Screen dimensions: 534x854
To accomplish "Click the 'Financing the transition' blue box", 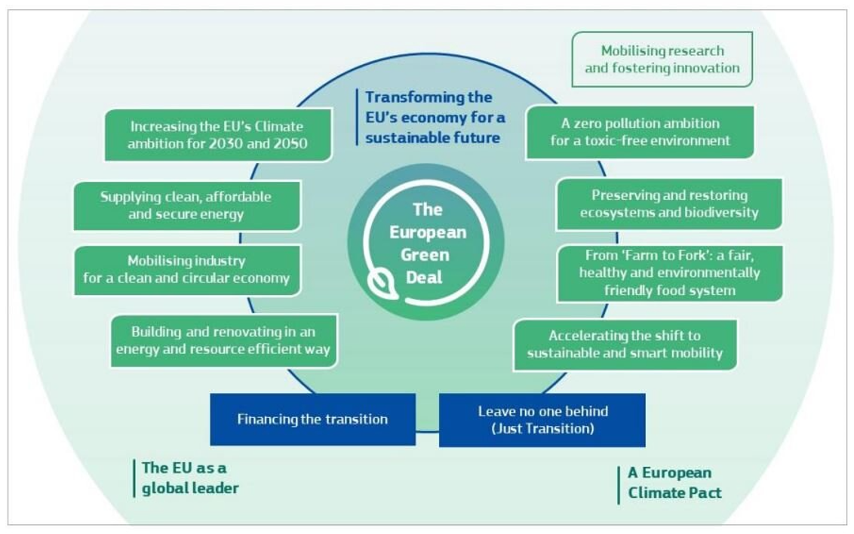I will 312,419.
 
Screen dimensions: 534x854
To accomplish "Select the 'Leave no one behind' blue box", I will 542,420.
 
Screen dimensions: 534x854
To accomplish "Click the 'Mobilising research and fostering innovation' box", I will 662,60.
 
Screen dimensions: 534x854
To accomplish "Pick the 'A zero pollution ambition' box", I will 640,132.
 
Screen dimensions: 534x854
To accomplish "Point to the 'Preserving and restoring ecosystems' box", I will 669,204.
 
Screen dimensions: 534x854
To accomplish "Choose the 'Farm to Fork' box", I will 669,273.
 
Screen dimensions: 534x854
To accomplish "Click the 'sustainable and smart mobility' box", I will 625,345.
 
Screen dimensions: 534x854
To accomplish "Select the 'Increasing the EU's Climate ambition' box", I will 217,135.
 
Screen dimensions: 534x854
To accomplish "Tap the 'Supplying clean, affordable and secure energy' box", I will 186,205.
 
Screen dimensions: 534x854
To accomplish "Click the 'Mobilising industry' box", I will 186,269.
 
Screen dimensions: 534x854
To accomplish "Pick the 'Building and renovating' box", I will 223,340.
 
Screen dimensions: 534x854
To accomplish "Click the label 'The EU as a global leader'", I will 189,478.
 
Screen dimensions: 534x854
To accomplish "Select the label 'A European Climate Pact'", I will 674,483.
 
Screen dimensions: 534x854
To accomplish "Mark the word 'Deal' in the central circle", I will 424,278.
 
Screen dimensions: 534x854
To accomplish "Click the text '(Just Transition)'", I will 542,429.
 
